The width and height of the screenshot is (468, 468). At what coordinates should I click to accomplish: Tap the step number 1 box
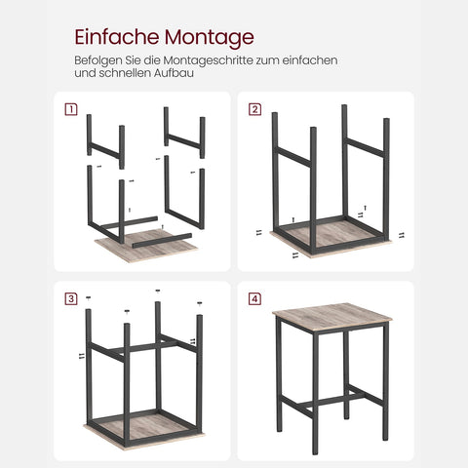click(70, 108)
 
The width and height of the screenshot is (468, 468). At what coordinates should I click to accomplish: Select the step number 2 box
click(254, 108)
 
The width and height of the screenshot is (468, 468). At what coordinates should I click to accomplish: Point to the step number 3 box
click(70, 297)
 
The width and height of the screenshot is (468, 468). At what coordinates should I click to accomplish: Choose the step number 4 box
click(254, 297)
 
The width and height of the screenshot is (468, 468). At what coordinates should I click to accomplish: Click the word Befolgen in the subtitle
click(95, 60)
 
